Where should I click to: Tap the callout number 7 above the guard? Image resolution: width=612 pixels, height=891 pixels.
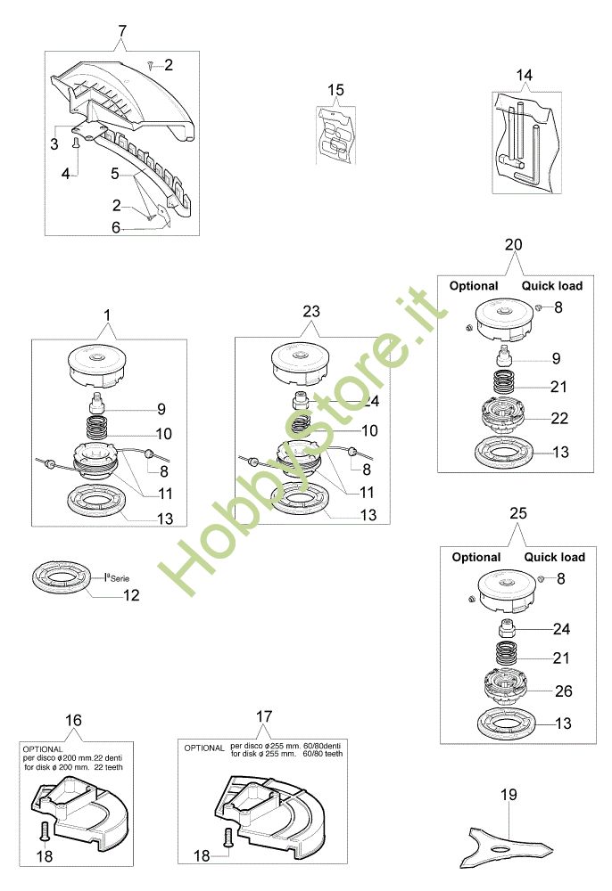[x=122, y=30]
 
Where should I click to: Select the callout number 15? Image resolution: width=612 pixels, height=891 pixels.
[x=335, y=90]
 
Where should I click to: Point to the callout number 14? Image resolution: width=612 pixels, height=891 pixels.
[x=525, y=75]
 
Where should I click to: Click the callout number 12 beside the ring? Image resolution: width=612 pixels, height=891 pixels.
[x=131, y=595]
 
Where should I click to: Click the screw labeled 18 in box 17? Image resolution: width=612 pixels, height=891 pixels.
[x=228, y=838]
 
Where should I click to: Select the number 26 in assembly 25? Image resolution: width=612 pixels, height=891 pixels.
[x=563, y=691]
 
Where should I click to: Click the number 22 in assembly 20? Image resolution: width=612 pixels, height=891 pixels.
[x=559, y=418]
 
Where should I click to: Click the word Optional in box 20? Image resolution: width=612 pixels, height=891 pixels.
[x=474, y=286]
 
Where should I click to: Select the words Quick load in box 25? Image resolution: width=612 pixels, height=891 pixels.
[x=555, y=557]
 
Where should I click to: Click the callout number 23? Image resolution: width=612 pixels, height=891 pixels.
[x=311, y=311]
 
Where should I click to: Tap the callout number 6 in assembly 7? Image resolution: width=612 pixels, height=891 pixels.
[x=116, y=228]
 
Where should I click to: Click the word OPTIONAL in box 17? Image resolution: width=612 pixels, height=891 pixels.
[x=204, y=748]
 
